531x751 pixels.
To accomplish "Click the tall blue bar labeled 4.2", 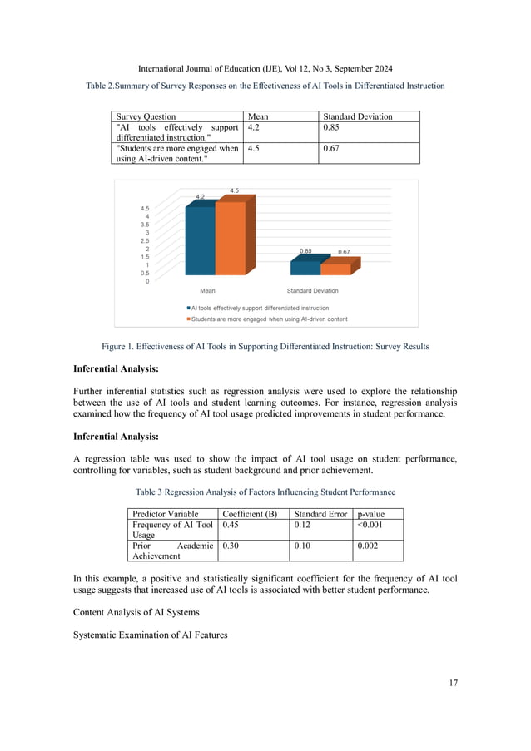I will coord(200,240).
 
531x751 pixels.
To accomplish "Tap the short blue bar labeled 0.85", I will coord(305,267).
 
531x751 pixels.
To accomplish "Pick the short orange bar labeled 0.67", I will coord(335,269).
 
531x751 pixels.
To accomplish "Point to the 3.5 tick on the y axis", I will coord(145,225).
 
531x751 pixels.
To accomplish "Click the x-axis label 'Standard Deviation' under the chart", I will coord(312,291).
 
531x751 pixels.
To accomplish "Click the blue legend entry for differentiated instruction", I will coord(259,308).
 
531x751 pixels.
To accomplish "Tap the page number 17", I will coord(451,684).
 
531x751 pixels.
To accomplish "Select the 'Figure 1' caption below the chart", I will coord(265,346).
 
